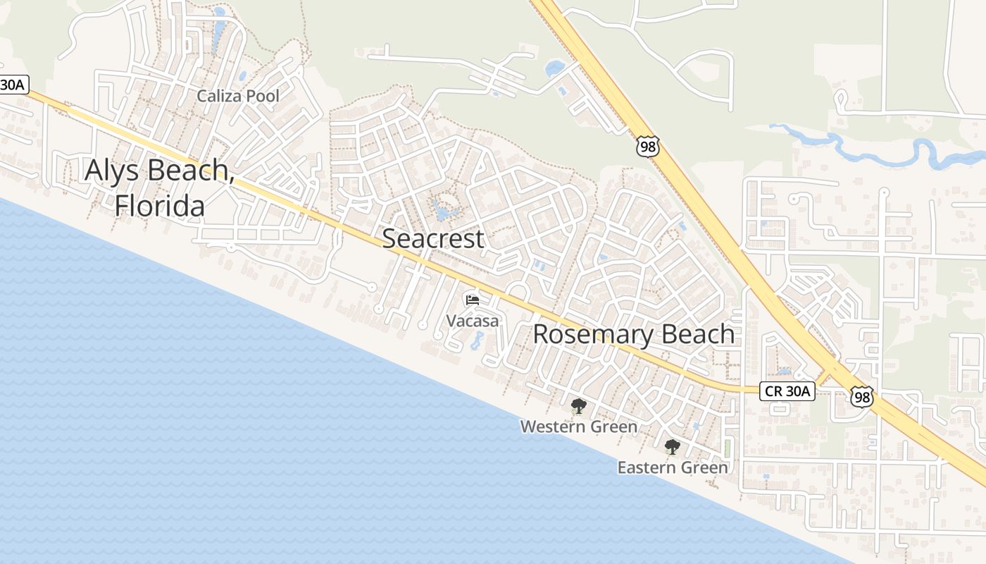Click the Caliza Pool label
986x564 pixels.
238,96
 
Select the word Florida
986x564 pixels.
160,205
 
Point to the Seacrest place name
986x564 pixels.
432,238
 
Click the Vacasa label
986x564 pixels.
472,321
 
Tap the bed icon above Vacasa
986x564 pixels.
472,300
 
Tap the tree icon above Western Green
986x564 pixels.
578,406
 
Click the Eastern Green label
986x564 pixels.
672,467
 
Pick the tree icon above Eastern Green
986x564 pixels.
672,446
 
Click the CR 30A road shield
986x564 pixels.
787,391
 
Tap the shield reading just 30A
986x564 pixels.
13,85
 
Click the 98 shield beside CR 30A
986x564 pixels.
861,396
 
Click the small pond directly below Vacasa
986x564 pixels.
477,341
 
